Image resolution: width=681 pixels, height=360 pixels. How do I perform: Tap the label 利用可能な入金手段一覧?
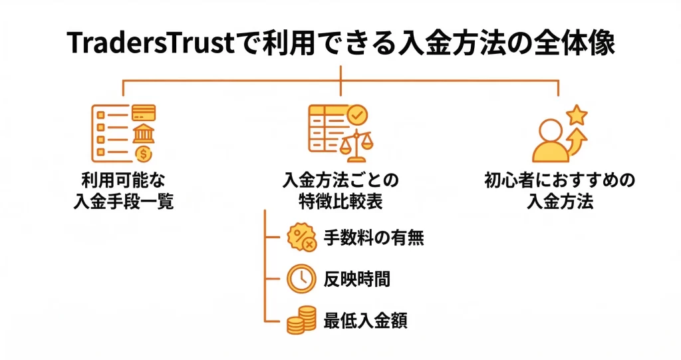(124, 191)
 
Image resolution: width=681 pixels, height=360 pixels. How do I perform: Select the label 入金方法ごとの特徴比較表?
(340, 191)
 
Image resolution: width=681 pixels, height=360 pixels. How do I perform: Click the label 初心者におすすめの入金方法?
(559, 191)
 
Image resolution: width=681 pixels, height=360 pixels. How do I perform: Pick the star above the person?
(576, 116)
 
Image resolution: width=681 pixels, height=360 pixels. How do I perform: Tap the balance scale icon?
(356, 145)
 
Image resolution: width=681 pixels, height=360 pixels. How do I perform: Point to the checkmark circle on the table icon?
(358, 114)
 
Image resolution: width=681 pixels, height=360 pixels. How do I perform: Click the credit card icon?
(143, 112)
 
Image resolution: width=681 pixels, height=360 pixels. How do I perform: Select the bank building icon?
(143, 133)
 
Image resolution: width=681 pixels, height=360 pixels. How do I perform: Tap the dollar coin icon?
(143, 154)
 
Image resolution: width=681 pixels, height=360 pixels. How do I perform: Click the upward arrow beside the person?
(576, 141)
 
